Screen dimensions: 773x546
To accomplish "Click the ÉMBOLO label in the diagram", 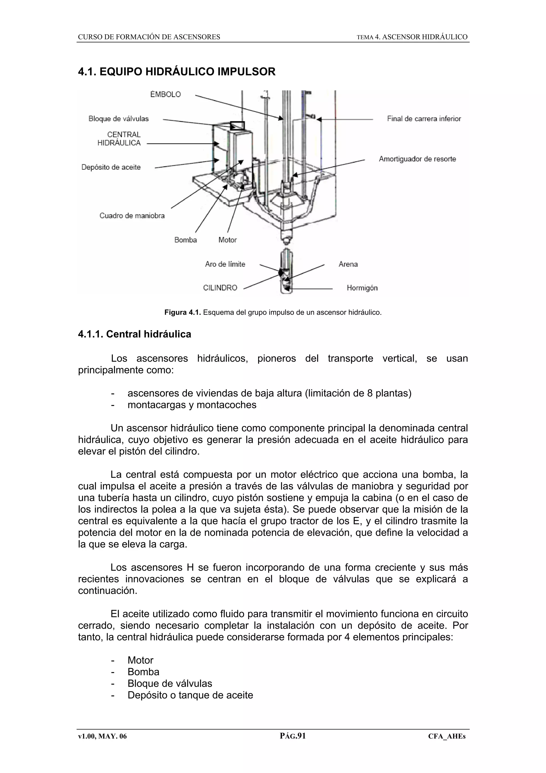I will tap(165, 95).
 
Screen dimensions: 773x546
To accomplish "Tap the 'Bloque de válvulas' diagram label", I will tap(118, 119).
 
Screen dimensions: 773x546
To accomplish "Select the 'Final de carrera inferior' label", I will tap(424, 119).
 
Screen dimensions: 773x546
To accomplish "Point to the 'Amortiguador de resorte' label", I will tap(417, 159).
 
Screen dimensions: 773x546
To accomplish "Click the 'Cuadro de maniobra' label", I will tap(132, 216).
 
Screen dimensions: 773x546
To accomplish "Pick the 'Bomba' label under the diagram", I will tap(185, 240).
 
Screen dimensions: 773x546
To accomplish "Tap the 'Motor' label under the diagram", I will tap(227, 240).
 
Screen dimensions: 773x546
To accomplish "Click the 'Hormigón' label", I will tap(362, 288).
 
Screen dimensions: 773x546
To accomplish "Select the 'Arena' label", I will tap(348, 264).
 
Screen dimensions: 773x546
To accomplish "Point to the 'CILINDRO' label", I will tap(220, 288).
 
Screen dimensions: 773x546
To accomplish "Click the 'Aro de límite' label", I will tap(225, 264).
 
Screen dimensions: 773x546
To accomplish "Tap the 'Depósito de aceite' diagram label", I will tap(111, 167).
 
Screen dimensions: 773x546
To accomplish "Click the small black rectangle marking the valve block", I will tap(238, 126).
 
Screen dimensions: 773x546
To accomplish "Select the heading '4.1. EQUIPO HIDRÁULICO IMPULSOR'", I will tap(176, 72).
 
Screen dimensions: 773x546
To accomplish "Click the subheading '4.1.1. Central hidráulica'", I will tap(135, 334).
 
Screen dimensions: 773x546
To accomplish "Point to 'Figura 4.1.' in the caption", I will tap(182, 312).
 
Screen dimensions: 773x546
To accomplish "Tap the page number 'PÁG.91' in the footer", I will tap(292, 736).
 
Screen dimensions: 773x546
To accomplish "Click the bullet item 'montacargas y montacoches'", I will tap(192, 405).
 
